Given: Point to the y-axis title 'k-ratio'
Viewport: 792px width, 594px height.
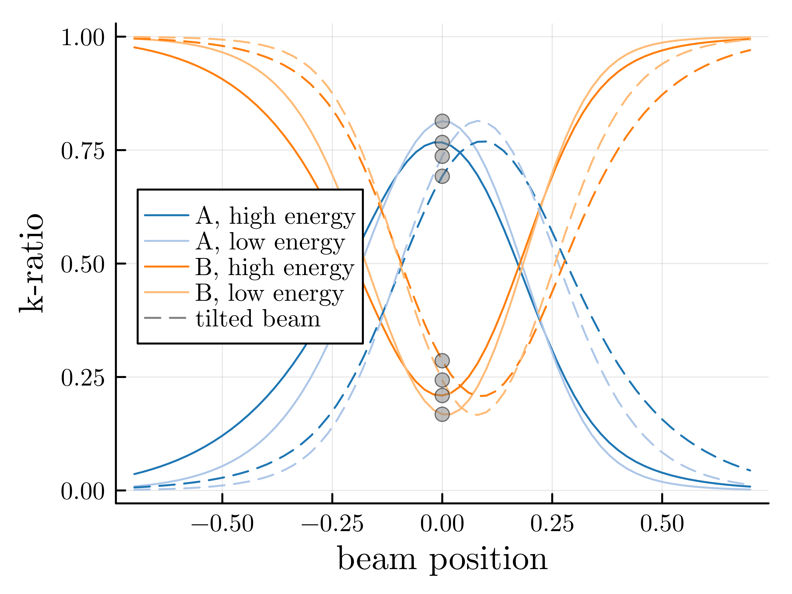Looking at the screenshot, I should (x=31, y=263).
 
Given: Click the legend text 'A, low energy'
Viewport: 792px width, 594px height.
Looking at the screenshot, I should (x=270, y=242).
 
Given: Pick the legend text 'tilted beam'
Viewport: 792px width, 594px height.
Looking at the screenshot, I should (x=258, y=318).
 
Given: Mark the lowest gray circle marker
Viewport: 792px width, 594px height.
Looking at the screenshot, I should (x=442, y=414).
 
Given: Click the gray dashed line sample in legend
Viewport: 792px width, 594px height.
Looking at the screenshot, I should (x=165, y=318).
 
